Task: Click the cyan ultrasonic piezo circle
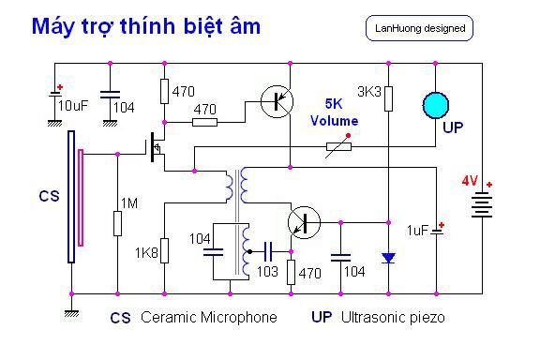point(436,105)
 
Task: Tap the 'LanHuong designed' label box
point(419,28)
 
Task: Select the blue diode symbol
point(388,258)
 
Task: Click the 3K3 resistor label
point(369,92)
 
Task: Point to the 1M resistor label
point(129,203)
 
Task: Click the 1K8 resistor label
point(146,253)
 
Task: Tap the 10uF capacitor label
point(73,106)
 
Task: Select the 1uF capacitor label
point(417,230)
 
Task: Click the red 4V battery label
point(470,181)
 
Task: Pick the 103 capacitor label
point(267,272)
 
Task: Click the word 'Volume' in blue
point(335,121)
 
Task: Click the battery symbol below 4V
point(482,204)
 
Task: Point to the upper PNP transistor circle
point(277,101)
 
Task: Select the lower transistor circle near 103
point(304,222)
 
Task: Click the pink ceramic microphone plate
point(81,198)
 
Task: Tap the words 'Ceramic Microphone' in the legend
point(209,317)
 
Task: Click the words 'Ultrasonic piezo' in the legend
point(393,317)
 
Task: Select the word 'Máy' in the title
point(52,27)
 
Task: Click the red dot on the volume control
point(348,136)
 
